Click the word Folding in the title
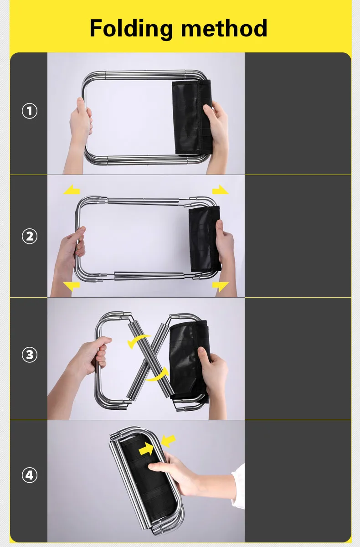coord(131,29)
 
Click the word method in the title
coord(224,29)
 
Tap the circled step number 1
coord(30,111)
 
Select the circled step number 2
coord(30,236)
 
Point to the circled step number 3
coord(30,355)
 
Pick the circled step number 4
coord(30,475)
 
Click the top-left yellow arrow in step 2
coord(72,190)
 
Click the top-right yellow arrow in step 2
coord(221,190)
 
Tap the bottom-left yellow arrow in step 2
coord(72,286)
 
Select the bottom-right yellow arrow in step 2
coord(221,286)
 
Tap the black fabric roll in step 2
coord(205,239)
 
